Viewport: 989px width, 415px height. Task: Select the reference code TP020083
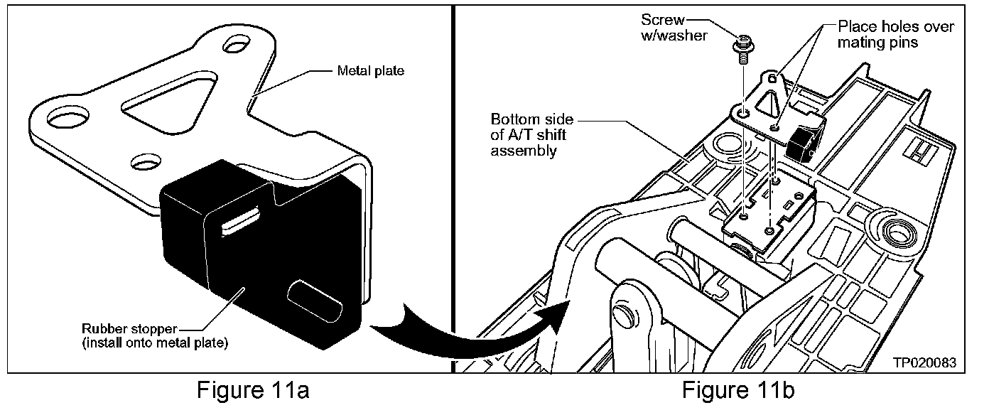click(x=924, y=362)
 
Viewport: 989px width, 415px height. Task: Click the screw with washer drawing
click(x=742, y=48)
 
